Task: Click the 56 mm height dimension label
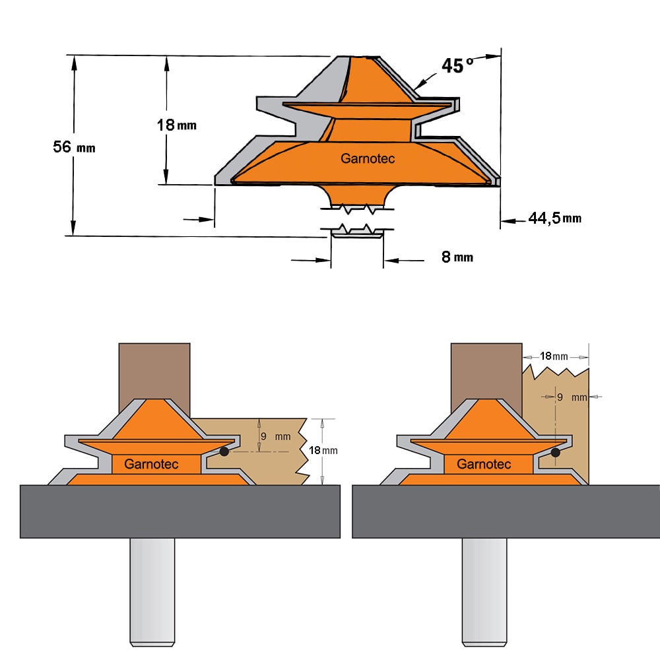pos(74,147)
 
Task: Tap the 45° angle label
pos(457,65)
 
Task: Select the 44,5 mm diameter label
pos(555,218)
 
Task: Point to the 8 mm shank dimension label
pos(457,257)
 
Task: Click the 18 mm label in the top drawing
pos(177,125)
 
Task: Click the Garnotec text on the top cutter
pos(368,158)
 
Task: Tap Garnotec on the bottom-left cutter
pos(151,464)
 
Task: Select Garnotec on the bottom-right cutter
pos(484,464)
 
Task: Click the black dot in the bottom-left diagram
pos(224,451)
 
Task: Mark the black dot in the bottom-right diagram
pos(556,453)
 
